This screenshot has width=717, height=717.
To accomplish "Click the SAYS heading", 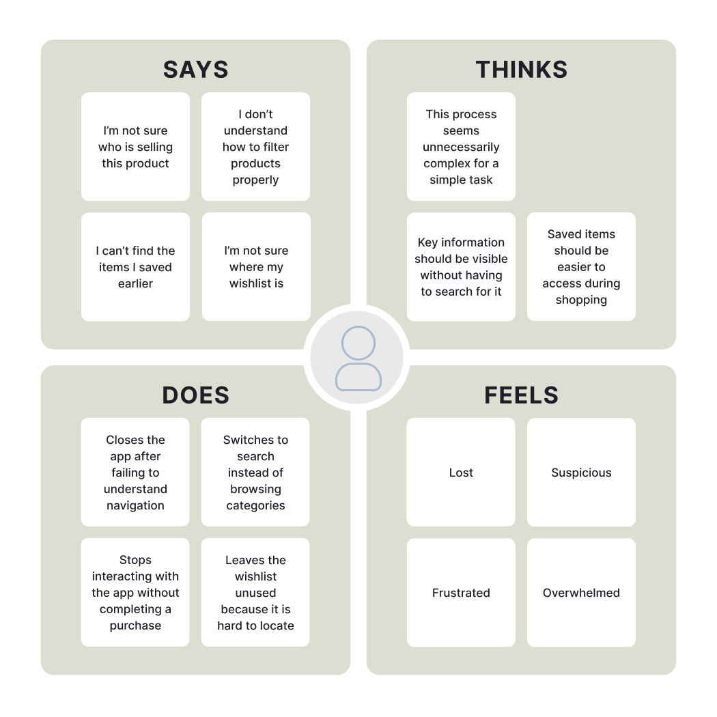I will (195, 70).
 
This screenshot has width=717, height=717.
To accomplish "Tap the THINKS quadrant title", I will (521, 70).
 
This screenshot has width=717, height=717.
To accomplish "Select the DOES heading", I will (195, 395).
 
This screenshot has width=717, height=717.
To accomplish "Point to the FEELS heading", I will (521, 395).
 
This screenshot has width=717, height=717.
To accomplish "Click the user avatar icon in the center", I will (358, 358).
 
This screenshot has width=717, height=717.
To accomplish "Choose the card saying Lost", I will (461, 473).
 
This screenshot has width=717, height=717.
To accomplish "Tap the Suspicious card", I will (581, 473).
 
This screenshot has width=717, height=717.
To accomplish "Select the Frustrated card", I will (461, 593).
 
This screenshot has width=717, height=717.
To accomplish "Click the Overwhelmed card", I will (581, 593).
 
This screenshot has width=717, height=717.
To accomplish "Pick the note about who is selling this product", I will (135, 147).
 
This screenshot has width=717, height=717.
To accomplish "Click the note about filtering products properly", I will (255, 147).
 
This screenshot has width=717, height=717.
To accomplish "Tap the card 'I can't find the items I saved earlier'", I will (135, 267).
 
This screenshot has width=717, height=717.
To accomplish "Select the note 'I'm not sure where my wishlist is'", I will (256, 267).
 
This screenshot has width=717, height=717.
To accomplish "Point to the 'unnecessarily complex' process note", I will (461, 147).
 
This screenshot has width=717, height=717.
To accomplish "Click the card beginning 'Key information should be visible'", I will (461, 267).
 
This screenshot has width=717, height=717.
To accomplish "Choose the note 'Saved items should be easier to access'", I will (581, 267).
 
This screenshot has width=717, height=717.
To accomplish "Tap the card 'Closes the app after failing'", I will (135, 473).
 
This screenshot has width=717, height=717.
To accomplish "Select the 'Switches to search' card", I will (255, 473).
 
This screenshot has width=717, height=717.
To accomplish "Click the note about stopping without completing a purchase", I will (135, 593).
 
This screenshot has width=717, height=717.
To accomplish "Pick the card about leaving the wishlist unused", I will (255, 593).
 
